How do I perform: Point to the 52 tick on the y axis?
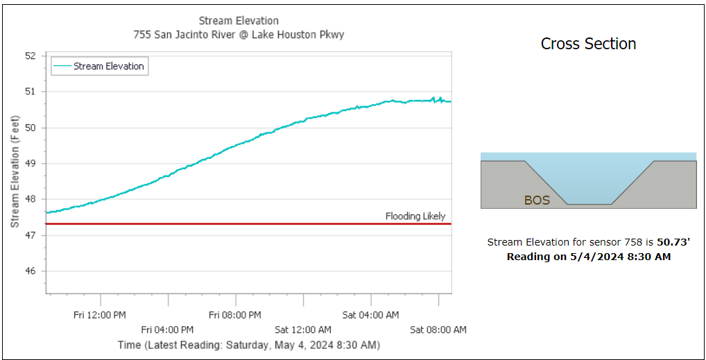(30, 55)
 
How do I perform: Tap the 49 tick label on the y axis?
(30, 164)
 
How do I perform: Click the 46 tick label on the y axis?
(30, 271)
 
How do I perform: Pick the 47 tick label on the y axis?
(30, 236)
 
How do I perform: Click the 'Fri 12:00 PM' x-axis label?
(100, 315)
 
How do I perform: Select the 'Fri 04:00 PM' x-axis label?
(167, 329)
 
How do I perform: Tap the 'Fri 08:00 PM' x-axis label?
(235, 315)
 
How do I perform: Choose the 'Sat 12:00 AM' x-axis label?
(303, 329)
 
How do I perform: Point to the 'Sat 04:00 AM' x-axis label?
(370, 315)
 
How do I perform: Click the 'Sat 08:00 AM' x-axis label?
(438, 329)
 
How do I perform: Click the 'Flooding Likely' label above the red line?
(415, 216)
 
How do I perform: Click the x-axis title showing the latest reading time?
(248, 345)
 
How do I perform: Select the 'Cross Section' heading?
(588, 44)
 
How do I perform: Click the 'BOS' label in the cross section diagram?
(537, 200)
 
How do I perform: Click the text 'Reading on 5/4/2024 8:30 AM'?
(588, 257)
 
